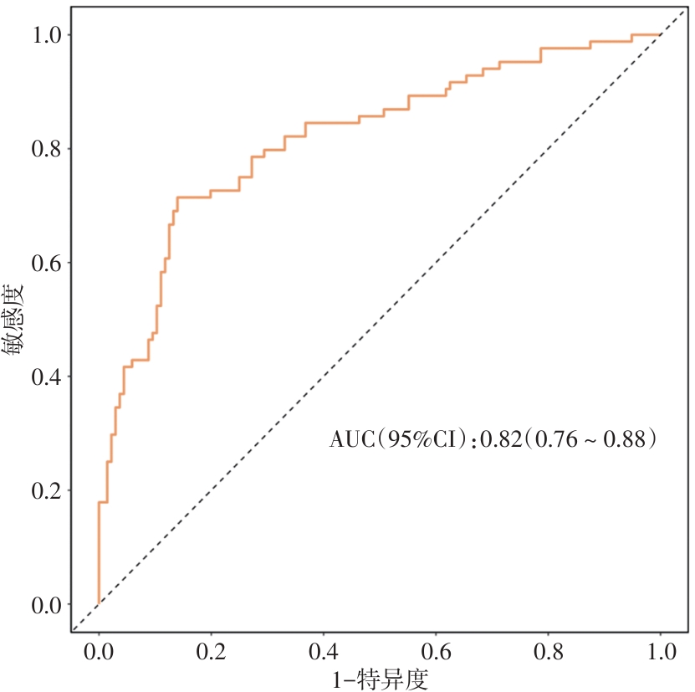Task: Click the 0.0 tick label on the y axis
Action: pos(46,605)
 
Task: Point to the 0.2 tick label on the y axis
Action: pos(46,491)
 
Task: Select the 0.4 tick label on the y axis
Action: pos(46,377)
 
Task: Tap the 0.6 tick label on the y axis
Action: pos(46,264)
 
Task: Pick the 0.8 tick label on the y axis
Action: pos(46,149)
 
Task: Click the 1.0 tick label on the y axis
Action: pos(46,35)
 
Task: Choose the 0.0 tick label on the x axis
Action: pos(99,650)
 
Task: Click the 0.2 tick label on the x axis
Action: pos(211,650)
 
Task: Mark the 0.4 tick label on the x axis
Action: pos(324,650)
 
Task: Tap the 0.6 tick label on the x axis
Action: pos(436,650)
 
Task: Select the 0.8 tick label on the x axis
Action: pos(549,650)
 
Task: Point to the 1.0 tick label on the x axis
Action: pos(661,650)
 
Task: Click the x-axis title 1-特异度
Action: pos(381,678)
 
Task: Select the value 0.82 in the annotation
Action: pos(499,438)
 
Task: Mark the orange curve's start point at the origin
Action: pos(99,603)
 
